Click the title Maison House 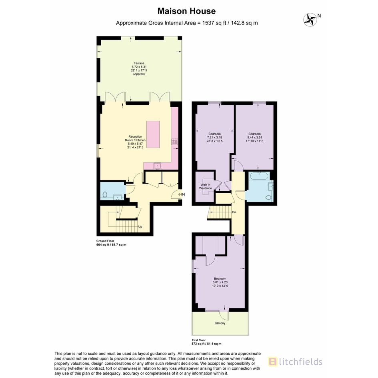pos(186,11)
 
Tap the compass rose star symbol pos(310,20)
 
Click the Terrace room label pos(139,63)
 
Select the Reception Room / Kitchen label pos(135,138)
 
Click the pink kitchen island pos(153,134)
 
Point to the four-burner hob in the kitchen pos(175,142)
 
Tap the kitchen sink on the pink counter pos(158,166)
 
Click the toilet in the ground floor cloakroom pos(105,194)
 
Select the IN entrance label pos(183,194)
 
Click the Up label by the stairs pos(140,227)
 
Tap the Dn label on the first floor pos(234,212)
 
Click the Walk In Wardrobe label pos(205,186)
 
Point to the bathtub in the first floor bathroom pos(259,176)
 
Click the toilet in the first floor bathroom pos(268,198)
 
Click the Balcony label pos(220,323)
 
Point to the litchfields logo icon pos(272,362)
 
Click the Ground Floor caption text pos(105,241)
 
